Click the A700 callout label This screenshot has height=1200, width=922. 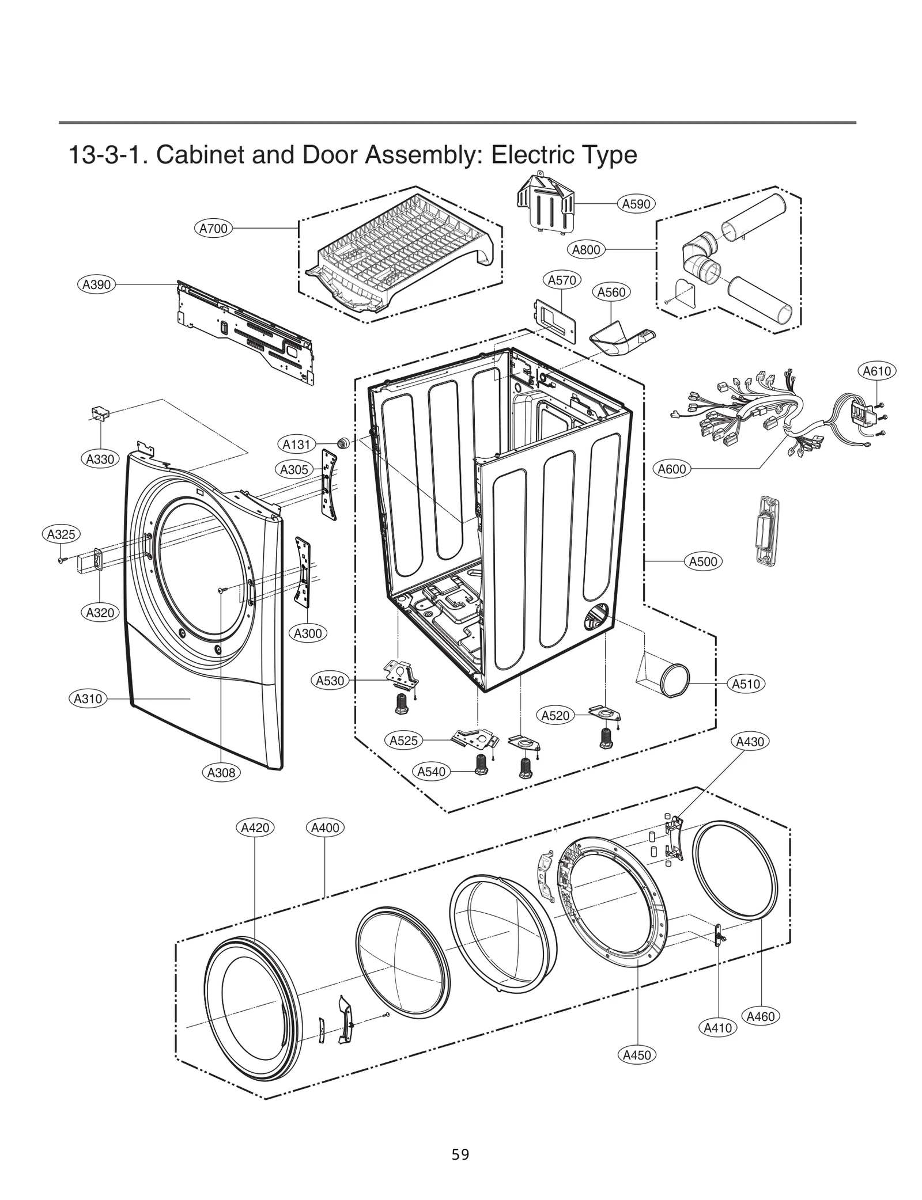click(213, 229)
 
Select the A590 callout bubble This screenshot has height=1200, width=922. click(636, 204)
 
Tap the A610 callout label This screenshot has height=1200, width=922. click(876, 371)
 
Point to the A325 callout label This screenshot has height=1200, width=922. click(61, 534)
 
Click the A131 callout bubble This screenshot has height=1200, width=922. click(297, 445)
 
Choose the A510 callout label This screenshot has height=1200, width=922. click(746, 684)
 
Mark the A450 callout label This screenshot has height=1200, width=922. click(637, 1055)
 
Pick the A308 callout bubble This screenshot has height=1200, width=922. click(221, 773)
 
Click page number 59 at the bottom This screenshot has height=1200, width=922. click(460, 1154)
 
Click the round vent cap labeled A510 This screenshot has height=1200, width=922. click(674, 679)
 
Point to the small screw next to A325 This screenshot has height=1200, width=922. click(61, 559)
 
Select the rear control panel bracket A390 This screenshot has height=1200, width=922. click(245, 331)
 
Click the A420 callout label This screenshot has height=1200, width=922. click(255, 828)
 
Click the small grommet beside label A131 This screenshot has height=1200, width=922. click(343, 443)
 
